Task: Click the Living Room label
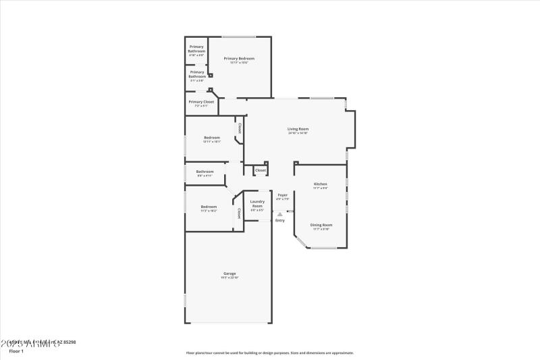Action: click(x=298, y=128)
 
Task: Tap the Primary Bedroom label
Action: click(x=239, y=59)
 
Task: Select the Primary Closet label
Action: click(x=201, y=102)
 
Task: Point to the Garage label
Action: click(x=230, y=274)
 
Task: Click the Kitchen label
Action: click(x=321, y=184)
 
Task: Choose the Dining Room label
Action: click(x=321, y=224)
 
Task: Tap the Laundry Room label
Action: click(x=257, y=203)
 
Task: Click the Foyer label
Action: click(x=282, y=195)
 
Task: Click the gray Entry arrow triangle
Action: click(x=280, y=214)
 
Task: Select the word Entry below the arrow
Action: click(x=280, y=220)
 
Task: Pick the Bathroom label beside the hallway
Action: click(x=205, y=172)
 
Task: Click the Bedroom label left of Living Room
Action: click(x=212, y=138)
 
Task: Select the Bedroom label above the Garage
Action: click(x=209, y=207)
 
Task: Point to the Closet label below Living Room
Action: click(x=261, y=170)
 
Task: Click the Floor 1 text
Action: click(x=16, y=352)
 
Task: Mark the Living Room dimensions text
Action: click(x=298, y=133)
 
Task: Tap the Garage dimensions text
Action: click(x=230, y=278)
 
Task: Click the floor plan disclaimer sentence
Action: click(x=270, y=352)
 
